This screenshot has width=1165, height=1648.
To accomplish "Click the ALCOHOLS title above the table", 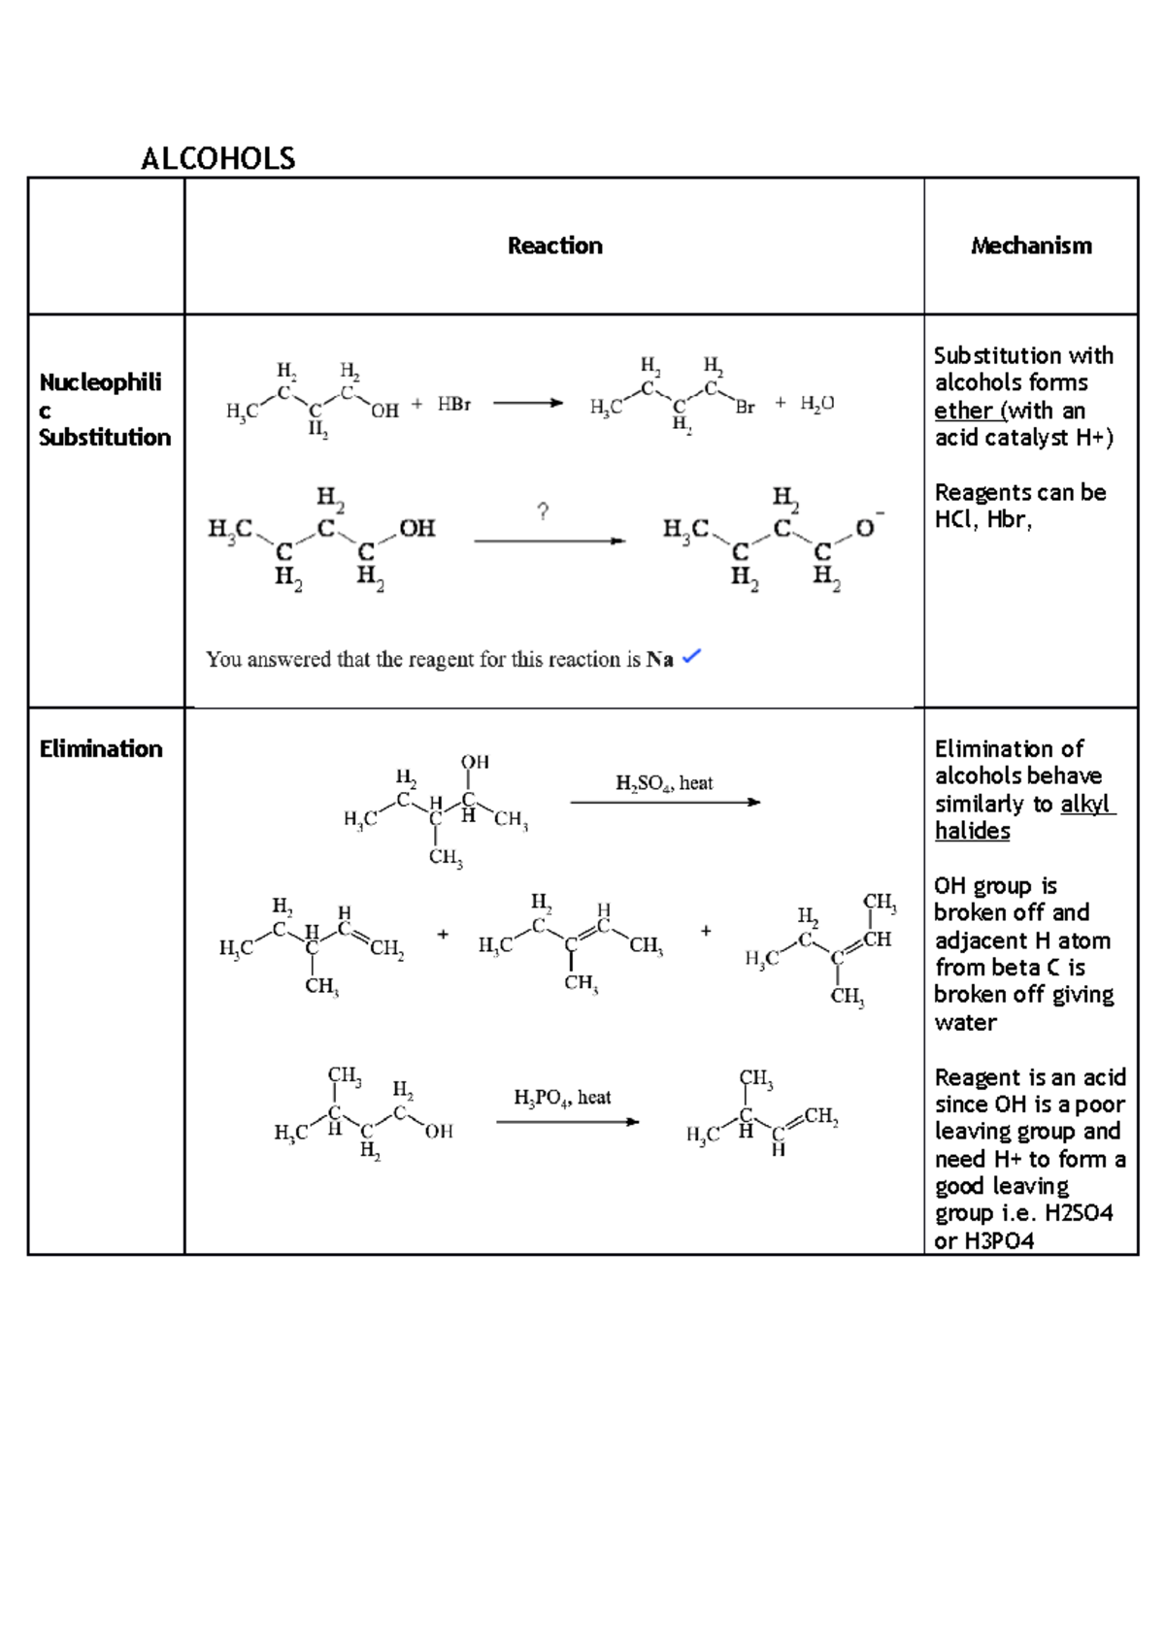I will tap(218, 158).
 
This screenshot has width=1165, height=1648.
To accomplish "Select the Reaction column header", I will tap(554, 246).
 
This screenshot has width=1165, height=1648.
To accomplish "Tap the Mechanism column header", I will tap(1031, 246).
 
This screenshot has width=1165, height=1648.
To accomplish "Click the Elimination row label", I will tap(101, 748).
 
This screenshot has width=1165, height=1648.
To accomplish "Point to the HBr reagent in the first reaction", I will tap(453, 404).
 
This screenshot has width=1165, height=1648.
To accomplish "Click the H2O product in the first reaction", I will tap(817, 404).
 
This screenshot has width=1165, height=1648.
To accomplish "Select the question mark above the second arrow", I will tap(543, 511).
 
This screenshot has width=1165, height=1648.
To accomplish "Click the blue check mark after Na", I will tap(691, 657).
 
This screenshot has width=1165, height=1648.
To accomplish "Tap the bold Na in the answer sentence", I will tap(659, 660).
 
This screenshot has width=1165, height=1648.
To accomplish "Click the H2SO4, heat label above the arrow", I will tap(664, 783).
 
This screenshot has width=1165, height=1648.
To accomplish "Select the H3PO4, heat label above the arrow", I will tap(562, 1098).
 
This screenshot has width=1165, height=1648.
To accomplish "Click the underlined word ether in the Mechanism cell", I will tap(963, 411).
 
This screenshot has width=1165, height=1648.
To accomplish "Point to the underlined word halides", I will tap(972, 831).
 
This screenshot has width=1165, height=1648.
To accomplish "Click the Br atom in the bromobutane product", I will tap(745, 408).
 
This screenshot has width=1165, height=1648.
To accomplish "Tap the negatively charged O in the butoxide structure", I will tap(864, 528).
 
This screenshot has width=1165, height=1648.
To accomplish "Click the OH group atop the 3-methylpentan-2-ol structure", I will tap(475, 763).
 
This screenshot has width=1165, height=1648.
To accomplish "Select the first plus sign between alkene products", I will tap(443, 935).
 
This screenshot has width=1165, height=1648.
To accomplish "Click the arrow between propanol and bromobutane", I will tap(527, 403).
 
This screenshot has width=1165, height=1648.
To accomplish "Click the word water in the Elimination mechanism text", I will tap(965, 1022).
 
